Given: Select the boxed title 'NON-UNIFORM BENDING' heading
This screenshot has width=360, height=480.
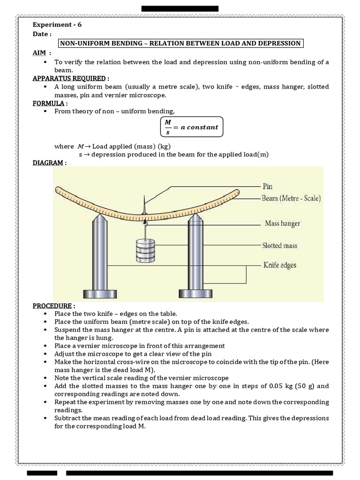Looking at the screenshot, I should click(180, 43).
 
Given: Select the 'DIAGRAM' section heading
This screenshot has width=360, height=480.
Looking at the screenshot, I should click(49, 163).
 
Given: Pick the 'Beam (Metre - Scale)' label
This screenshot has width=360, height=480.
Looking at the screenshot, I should click(291, 198).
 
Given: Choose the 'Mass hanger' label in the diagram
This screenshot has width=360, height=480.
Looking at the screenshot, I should click(282, 224).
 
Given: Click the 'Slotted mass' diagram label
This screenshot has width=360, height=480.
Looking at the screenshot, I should click(280, 245).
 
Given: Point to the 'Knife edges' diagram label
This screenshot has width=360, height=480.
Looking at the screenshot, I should click(279, 265).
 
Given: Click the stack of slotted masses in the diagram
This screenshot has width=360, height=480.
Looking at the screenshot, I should click(144, 251).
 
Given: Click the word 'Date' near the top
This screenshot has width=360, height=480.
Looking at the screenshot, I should click(41, 34).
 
